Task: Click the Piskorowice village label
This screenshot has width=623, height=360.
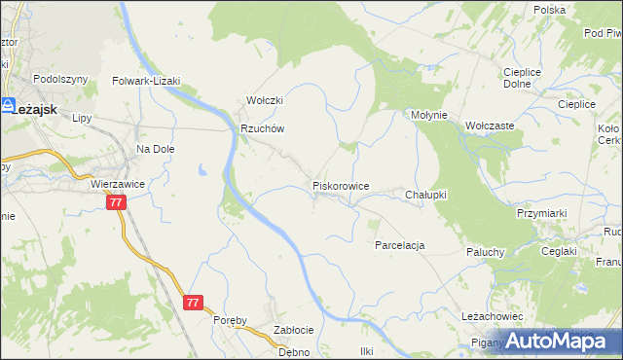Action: [340, 184]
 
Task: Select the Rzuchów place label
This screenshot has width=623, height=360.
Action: [262, 128]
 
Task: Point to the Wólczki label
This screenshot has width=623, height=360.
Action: [264, 100]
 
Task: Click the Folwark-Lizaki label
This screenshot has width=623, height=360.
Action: [147, 82]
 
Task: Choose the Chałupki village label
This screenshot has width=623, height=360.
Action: [425, 195]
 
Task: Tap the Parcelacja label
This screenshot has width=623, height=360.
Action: [399, 245]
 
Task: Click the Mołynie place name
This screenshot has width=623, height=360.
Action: [428, 115]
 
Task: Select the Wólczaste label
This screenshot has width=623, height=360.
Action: [490, 126]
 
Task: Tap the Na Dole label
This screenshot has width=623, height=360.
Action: [155, 149]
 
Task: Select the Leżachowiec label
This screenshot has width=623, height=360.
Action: [493, 317]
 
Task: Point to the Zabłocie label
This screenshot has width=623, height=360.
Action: [293, 329]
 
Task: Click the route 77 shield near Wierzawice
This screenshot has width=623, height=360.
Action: [116, 202]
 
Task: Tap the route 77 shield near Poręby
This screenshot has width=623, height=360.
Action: [192, 303]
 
